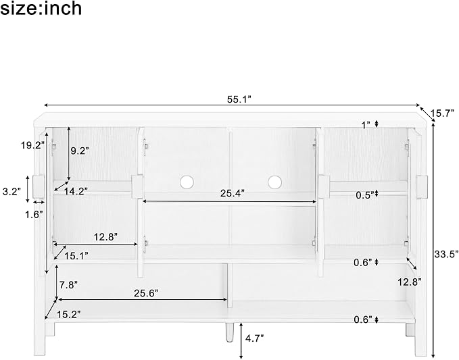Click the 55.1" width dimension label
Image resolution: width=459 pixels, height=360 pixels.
pyautogui.click(x=239, y=100)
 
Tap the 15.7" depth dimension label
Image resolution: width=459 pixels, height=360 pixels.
pyautogui.click(x=442, y=113)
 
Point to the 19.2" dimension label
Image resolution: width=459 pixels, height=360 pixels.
pyautogui.click(x=32, y=145)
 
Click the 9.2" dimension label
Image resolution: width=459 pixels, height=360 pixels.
pyautogui.click(x=80, y=151)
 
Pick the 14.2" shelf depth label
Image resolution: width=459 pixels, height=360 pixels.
pyautogui.click(x=76, y=192)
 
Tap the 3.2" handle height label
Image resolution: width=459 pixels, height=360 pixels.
pyautogui.click(x=11, y=192)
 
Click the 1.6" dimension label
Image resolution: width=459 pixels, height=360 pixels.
pyautogui.click(x=34, y=215)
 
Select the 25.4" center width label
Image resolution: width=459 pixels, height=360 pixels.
pyautogui.click(x=232, y=193)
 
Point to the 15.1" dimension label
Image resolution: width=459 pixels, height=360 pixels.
pyautogui.click(x=76, y=256)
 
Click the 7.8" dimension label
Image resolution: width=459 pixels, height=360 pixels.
pyautogui.click(x=68, y=285)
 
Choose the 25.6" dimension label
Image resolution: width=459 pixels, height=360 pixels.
pyautogui.click(x=146, y=293)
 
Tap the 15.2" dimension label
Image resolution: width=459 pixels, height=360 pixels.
pyautogui.click(x=69, y=315)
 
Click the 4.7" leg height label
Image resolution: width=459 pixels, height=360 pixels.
pyautogui.click(x=255, y=338)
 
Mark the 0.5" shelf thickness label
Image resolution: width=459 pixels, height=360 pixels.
pyautogui.click(x=365, y=195)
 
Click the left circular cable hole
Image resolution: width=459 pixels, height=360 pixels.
pyautogui.click(x=187, y=182)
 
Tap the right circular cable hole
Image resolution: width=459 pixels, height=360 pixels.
pyautogui.click(x=274, y=182)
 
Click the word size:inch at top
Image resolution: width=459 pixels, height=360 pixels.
pyautogui.click(x=41, y=8)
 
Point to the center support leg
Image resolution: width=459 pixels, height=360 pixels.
pyautogui.click(x=229, y=332)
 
